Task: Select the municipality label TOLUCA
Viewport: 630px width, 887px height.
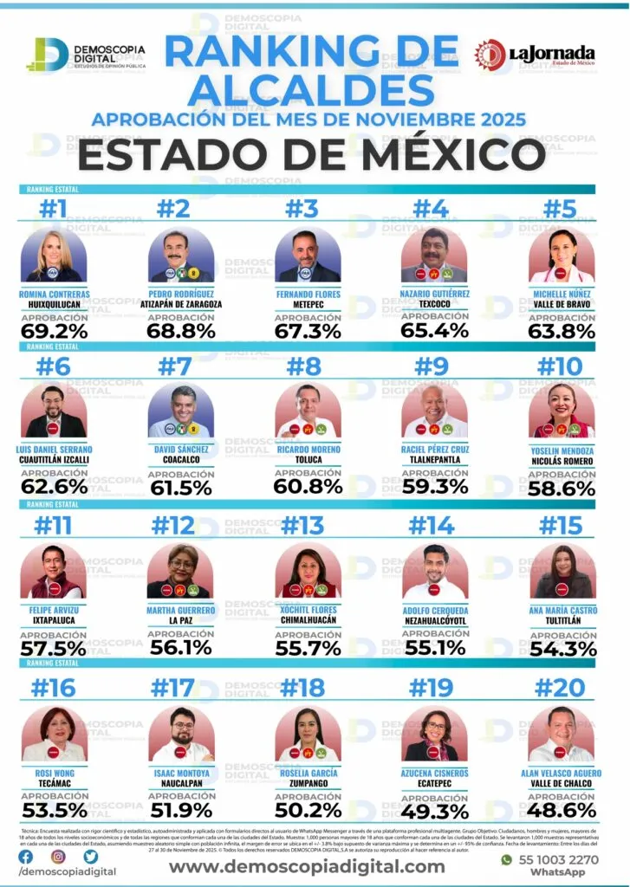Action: (308, 460)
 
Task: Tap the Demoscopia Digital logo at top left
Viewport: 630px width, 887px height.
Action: (87, 54)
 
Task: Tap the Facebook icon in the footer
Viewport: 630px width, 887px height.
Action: (26, 856)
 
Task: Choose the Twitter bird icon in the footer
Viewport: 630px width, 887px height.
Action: (91, 856)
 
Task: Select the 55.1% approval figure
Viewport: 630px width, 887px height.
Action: (435, 650)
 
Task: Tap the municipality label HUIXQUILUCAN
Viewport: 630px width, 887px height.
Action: (54, 305)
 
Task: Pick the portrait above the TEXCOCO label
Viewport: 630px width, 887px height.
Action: (435, 256)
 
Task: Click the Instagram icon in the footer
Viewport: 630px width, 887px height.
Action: (58, 856)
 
